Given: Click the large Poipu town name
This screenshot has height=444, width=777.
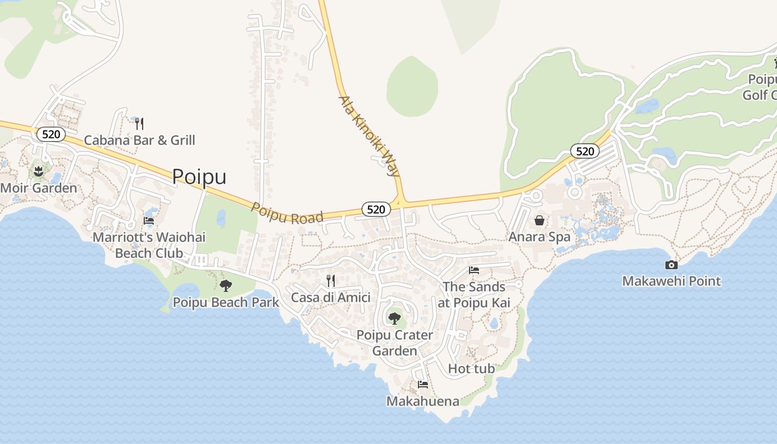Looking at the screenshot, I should coord(199,176).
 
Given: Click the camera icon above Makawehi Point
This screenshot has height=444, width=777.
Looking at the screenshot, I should coord(671,265).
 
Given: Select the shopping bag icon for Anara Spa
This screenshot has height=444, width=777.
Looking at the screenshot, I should coord(539,221).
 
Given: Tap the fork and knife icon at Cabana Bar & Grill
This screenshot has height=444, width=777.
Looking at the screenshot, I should coord(139,123).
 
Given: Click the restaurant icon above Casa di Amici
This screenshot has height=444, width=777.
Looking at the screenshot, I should coord(331,281).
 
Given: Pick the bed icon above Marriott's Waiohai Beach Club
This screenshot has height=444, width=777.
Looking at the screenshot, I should coord(149,221).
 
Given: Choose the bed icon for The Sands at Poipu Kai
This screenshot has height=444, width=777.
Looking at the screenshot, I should coord(474,271).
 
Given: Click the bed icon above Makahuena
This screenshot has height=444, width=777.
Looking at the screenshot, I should coord(423,385).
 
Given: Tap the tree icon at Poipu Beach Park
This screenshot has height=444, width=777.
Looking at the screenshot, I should coord(225,286).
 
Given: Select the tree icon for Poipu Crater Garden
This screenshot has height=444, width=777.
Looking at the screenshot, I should coord(394,319).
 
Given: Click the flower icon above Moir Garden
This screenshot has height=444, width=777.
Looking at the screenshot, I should coord(38,171).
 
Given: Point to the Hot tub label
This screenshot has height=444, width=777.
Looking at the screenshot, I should coord(471,369).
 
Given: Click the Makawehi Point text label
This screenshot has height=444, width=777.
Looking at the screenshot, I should coord(671,281).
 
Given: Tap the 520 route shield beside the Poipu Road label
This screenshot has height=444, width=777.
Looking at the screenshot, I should coord(376,209).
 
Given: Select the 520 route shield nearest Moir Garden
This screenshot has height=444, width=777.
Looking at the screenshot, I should coord(51,134).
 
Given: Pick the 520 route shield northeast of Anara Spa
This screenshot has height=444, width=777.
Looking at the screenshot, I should coord(584,151).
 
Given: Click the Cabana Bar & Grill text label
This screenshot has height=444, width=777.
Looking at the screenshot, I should coord(139,140).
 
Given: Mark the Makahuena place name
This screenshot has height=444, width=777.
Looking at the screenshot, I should coord(423,401).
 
